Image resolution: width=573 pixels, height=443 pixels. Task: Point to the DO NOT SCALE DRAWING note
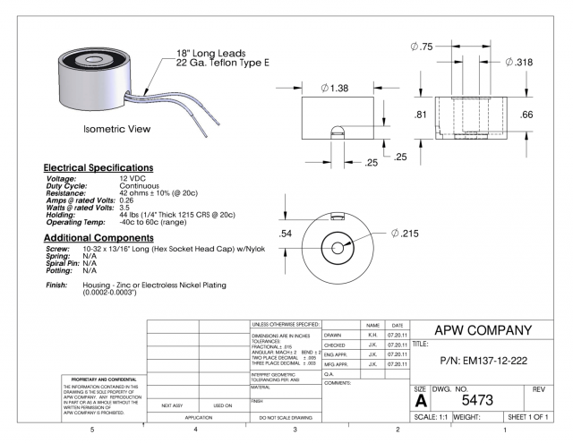coord(283,418)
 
